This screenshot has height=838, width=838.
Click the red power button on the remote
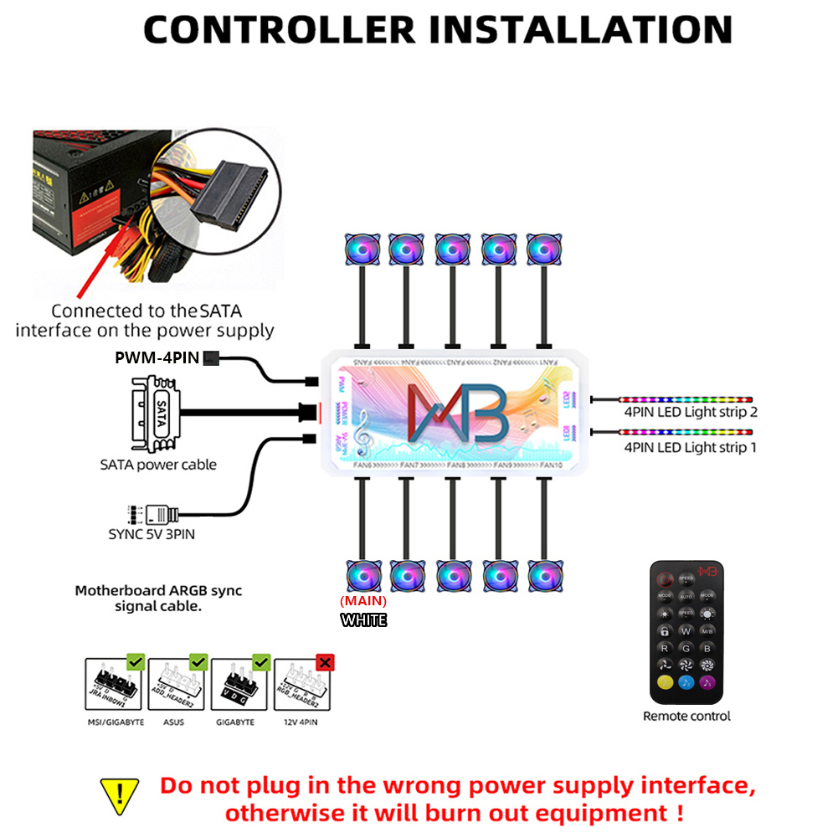[664, 578]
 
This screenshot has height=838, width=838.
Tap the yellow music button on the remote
[664, 682]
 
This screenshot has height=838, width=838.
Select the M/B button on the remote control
[707, 630]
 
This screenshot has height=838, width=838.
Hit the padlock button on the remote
[664, 630]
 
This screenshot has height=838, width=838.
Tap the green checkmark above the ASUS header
[198, 663]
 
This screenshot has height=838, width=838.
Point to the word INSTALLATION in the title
[580, 30]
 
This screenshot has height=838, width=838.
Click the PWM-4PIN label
[157, 358]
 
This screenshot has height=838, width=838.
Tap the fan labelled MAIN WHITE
[364, 577]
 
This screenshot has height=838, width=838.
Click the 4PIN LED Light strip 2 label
[690, 412]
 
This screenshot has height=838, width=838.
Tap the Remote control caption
[686, 717]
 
